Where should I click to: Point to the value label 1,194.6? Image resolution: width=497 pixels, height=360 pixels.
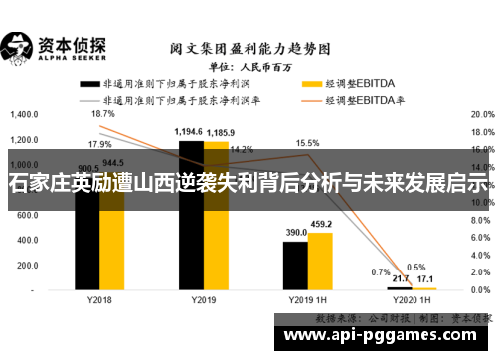[x=189, y=131]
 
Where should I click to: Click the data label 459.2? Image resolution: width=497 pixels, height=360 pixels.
[x=320, y=223]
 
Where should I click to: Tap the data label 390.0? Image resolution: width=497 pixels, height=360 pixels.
[x=296, y=232]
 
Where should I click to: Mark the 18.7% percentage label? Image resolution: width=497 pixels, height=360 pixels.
[x=102, y=114]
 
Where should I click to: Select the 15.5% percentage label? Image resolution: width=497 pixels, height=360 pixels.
[x=307, y=143]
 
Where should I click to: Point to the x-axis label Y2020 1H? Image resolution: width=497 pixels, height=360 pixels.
[x=412, y=299]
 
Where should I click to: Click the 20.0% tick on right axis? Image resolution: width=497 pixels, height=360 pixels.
[x=481, y=114]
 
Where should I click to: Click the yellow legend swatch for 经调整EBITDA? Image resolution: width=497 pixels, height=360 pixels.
[x=314, y=84]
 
